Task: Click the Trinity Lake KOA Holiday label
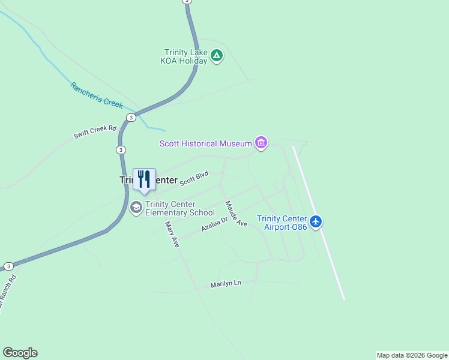pyautogui.click(x=186, y=56)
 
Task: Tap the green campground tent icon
pyautogui.click(x=217, y=57)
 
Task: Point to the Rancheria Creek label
pyautogui.click(x=97, y=95)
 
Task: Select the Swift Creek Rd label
pyautogui.click(x=94, y=132)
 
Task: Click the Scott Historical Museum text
pyautogui.click(x=205, y=143)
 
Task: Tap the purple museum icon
pyautogui.click(x=261, y=143)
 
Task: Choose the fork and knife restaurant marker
pyautogui.click(x=144, y=179)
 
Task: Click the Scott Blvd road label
pyautogui.click(x=194, y=178)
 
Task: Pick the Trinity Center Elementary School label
pyautogui.click(x=179, y=208)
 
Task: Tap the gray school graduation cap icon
pyautogui.click(x=136, y=208)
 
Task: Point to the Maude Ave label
pyautogui.click(x=237, y=214)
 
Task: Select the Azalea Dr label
pyautogui.click(x=214, y=225)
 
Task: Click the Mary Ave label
pyautogui.click(x=172, y=235)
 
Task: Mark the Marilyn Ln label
pyautogui.click(x=226, y=284)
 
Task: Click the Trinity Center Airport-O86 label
pyautogui.click(x=282, y=222)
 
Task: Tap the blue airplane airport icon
pyautogui.click(x=316, y=222)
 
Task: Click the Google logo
pyautogui.click(x=20, y=353)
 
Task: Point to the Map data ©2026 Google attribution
pyautogui.click(x=412, y=355)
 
